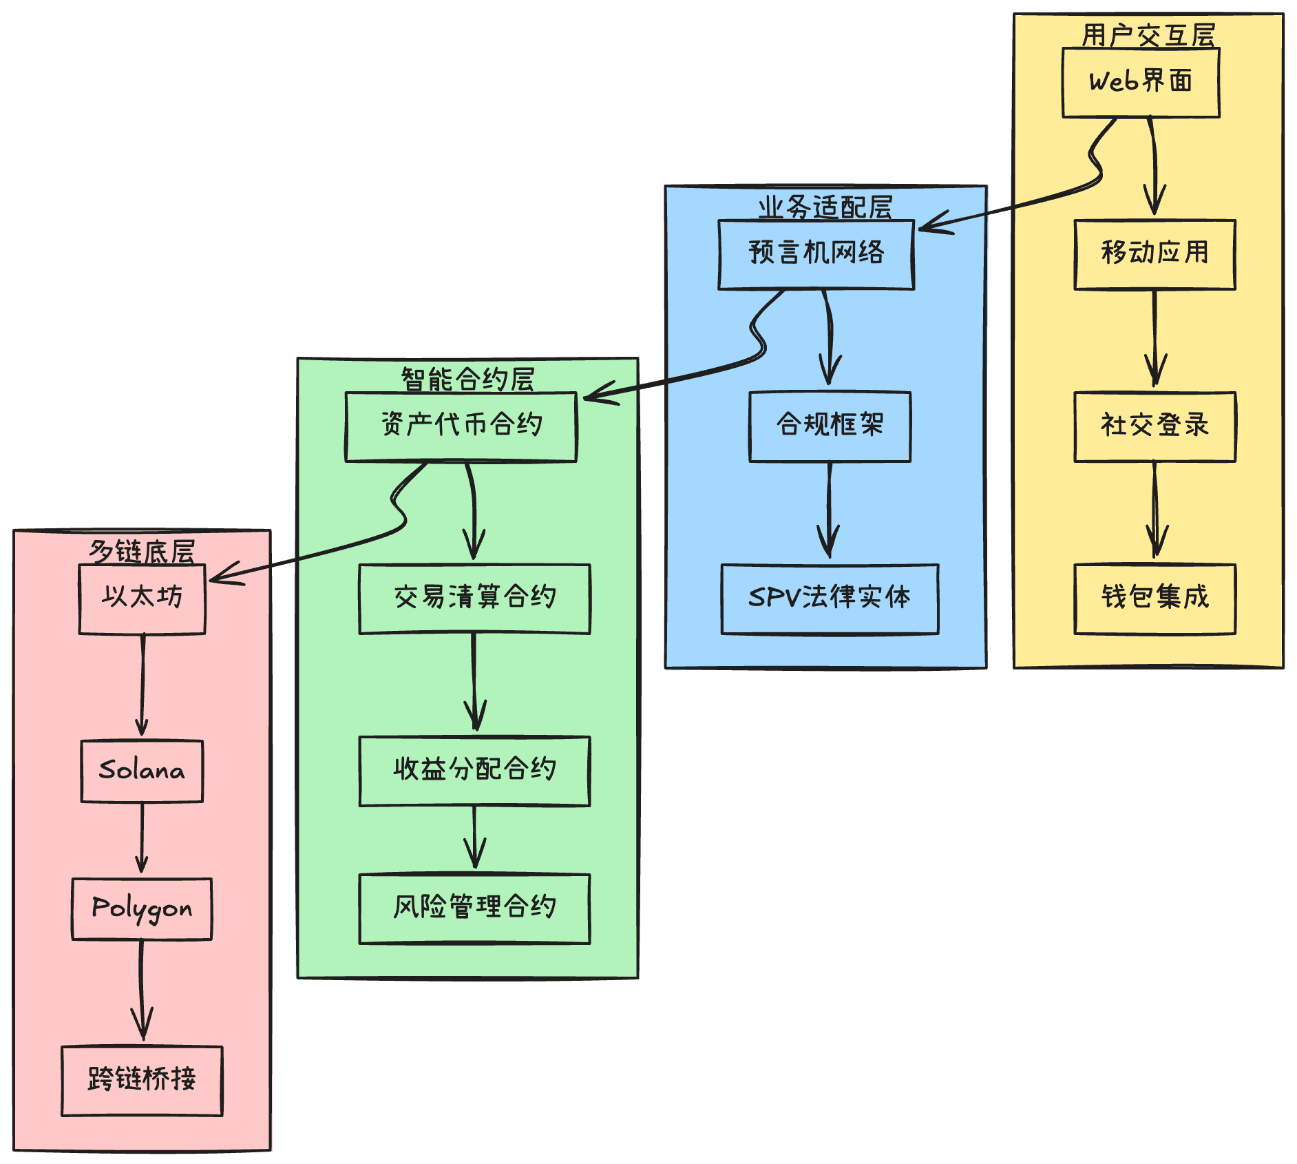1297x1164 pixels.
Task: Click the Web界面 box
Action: tap(1141, 82)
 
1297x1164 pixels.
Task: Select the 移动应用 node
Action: tap(1154, 254)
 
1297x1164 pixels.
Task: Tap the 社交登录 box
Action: tap(1154, 426)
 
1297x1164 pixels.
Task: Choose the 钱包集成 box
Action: tap(1154, 599)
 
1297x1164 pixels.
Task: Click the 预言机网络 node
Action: tap(816, 254)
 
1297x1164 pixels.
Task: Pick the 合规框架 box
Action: tap(830, 426)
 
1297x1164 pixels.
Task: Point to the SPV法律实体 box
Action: tap(830, 599)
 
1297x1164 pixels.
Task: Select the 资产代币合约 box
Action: tap(461, 426)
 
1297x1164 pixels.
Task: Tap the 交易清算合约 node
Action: tap(474, 599)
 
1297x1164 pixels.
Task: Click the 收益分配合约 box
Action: tap(474, 771)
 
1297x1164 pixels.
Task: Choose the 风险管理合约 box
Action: tap(474, 908)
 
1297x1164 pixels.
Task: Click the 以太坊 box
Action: tap(142, 599)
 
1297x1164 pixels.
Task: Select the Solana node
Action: tap(142, 771)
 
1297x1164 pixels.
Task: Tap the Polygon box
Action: tap(142, 908)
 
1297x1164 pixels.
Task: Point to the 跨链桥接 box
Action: tap(142, 1081)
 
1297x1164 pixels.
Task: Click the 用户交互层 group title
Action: tap(1148, 35)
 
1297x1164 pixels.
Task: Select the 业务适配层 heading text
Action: tap(825, 207)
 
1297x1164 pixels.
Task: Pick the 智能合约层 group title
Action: tap(467, 380)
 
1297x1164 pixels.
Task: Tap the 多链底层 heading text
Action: tap(142, 552)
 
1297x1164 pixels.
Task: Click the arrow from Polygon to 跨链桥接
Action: tap(142, 992)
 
